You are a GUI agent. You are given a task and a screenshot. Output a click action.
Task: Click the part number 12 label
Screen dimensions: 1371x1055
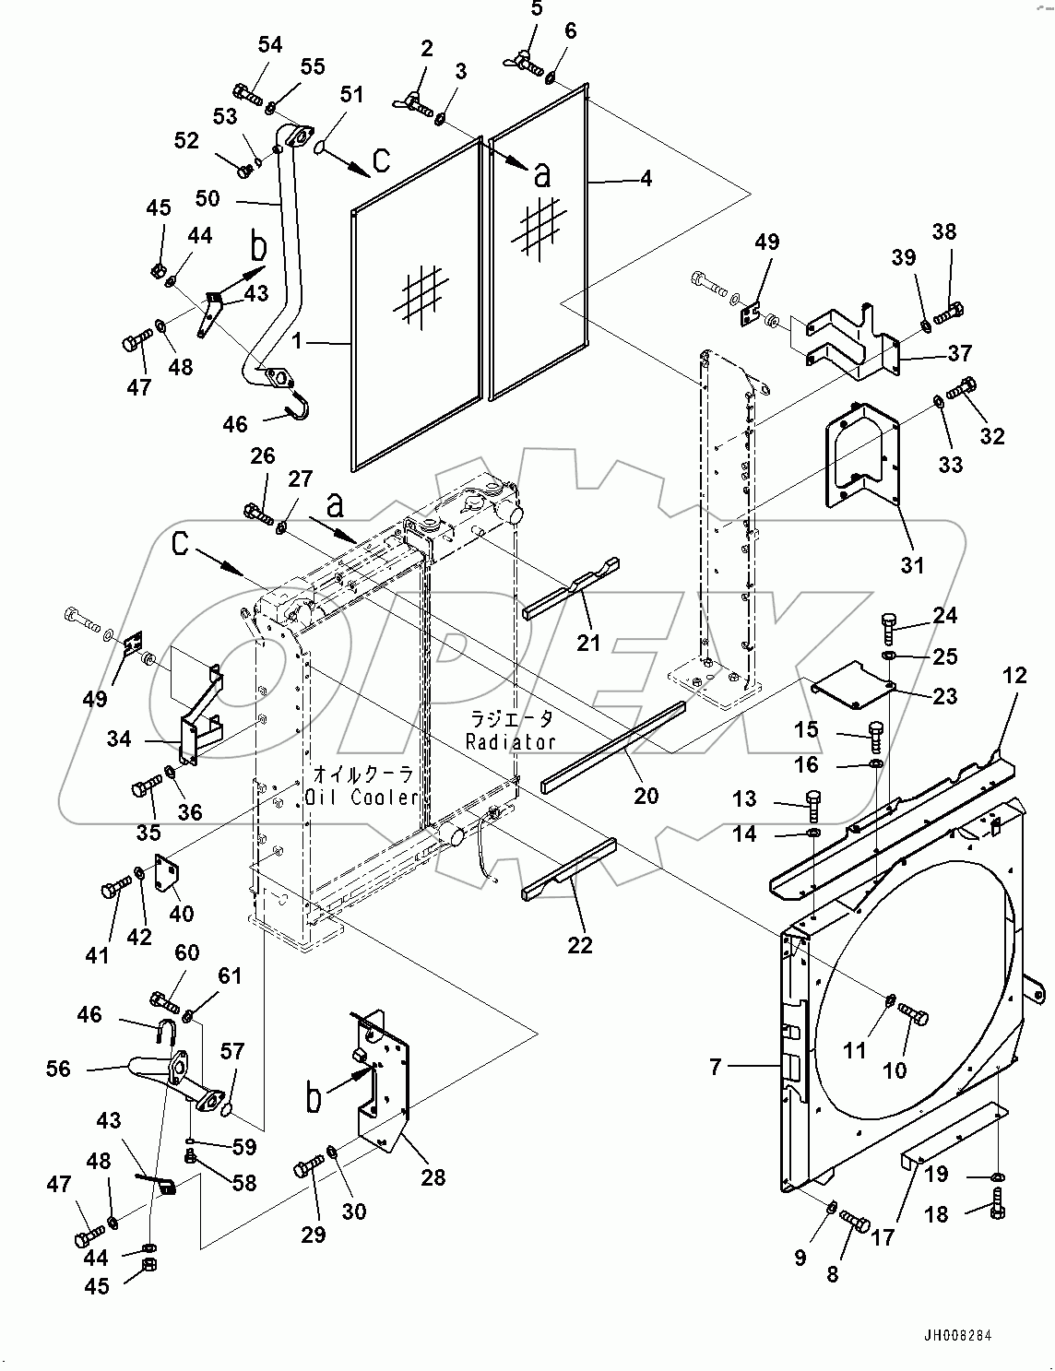1014,675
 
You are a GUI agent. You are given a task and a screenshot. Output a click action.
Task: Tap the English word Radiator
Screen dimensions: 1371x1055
510,741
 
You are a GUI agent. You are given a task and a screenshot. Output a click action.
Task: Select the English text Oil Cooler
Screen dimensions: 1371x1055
364,797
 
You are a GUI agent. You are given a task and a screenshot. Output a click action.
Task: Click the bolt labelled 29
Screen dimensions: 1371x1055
308,1169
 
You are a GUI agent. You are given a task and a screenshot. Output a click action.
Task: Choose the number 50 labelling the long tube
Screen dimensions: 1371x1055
207,197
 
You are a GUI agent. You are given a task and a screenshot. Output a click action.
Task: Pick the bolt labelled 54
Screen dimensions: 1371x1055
245,92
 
